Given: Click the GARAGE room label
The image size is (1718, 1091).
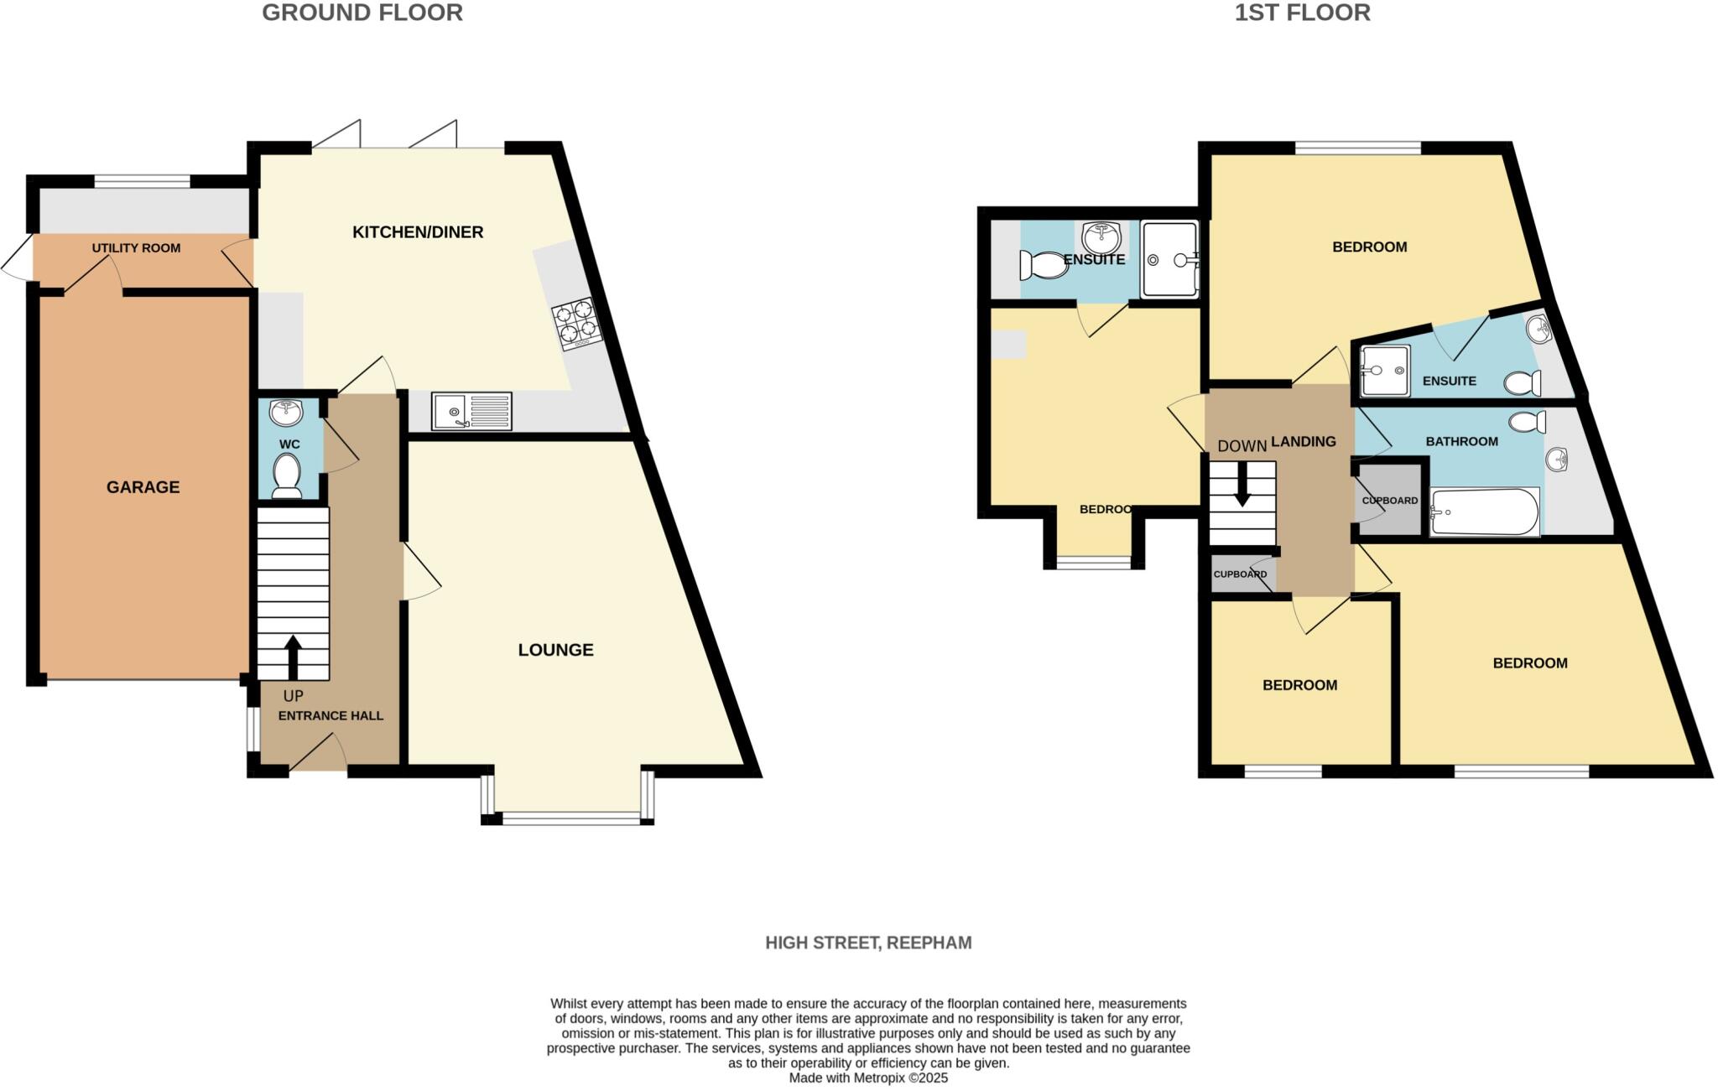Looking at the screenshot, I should coord(143,487).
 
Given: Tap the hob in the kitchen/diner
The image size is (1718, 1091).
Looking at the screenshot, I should coord(577,324).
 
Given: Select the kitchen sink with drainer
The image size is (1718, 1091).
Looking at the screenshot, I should coord(471,411).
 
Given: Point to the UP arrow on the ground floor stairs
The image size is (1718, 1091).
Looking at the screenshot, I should coord(293,657).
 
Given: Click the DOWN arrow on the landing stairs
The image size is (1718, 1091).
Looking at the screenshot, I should coord(1242,486).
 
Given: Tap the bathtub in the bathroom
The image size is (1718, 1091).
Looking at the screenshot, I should coord(1484,512).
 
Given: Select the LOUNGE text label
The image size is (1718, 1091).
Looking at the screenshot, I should coord(555,650).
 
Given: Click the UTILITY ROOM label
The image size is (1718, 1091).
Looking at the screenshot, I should coord(136,248).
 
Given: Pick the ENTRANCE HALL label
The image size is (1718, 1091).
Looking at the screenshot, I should coord(331,715).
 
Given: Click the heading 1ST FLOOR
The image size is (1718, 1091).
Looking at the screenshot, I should coord(1302,13).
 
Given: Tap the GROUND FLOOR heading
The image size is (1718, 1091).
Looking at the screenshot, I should coord(362,13).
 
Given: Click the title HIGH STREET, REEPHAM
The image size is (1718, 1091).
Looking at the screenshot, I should coord(868,943).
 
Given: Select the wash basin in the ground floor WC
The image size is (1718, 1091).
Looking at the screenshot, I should coord(286,413).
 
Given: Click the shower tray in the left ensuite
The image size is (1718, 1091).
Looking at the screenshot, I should coord(1169,259).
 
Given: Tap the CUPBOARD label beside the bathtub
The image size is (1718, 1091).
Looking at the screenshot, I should coord(1390,501).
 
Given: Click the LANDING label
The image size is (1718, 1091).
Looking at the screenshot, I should coord(1304,441).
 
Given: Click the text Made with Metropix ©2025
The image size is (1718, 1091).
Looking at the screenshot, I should coord(868,1078).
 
